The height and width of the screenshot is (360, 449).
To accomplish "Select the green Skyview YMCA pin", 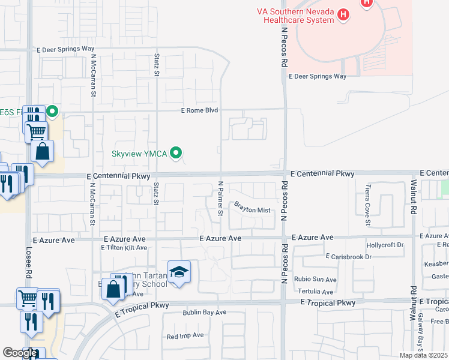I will click(176, 154).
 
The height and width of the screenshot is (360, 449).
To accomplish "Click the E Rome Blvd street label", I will click(199, 110).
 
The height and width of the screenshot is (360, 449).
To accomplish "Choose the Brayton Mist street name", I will click(253, 207).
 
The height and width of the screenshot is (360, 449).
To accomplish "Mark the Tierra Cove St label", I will click(368, 201).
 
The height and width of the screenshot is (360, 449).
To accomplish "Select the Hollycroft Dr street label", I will click(385, 245).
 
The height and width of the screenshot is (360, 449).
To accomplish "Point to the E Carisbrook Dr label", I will click(349, 257).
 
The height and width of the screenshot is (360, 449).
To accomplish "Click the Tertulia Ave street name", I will click(315, 292).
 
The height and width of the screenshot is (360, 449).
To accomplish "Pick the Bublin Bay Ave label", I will click(205, 313).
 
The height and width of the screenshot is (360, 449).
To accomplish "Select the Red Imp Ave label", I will click(185, 335).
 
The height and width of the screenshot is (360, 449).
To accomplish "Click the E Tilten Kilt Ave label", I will click(124, 248).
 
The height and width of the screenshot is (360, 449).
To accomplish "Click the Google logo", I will click(20, 353).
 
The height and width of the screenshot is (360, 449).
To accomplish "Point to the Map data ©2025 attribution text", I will click(424, 355).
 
